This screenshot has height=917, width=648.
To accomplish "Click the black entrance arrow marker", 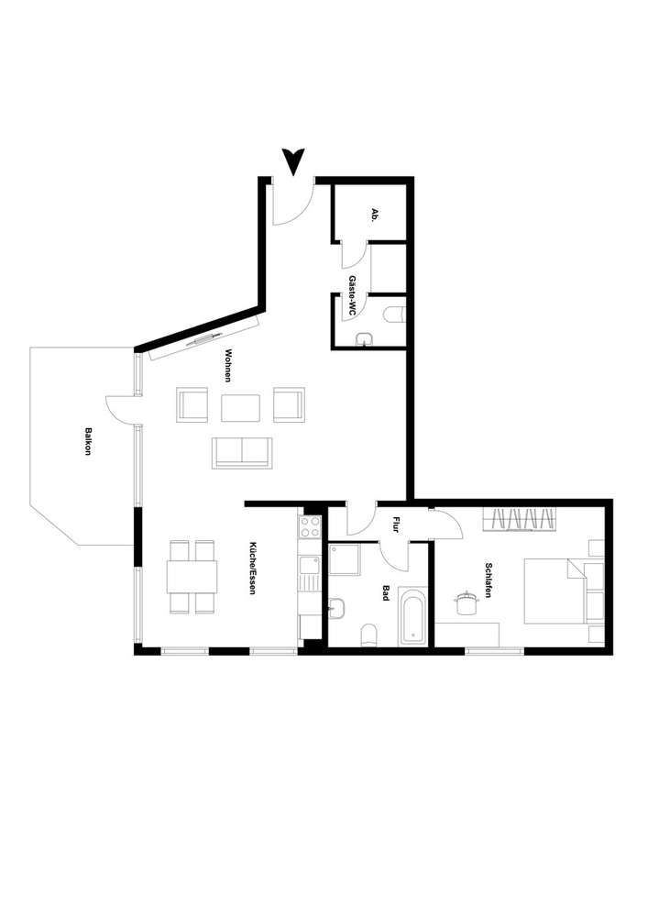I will click(294, 161).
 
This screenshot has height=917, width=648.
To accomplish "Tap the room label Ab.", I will click(374, 215).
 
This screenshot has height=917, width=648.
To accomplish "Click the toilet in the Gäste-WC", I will click(395, 315).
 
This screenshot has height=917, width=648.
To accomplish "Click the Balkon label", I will click(88, 441).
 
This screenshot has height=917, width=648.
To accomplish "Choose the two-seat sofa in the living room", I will click(242, 452).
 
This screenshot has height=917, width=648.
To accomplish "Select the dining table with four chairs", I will click(192, 577).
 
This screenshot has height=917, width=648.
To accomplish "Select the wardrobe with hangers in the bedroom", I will click(520, 520).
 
